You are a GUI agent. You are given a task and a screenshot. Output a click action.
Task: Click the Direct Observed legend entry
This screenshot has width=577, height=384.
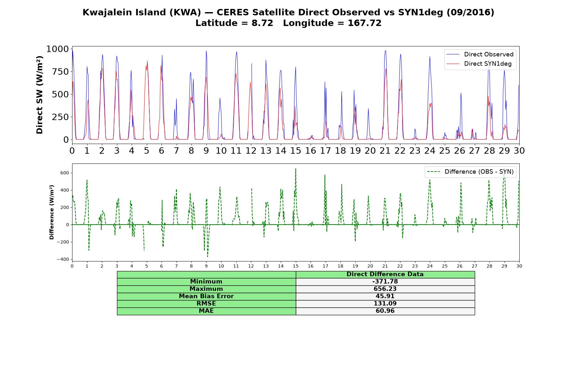click(x=480, y=54)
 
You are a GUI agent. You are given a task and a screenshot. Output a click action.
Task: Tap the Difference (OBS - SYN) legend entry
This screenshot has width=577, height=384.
click(x=470, y=172)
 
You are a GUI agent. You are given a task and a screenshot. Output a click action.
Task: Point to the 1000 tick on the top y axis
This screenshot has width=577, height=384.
click(x=58, y=49)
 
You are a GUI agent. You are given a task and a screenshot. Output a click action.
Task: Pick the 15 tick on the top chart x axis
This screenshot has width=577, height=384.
click(x=296, y=150)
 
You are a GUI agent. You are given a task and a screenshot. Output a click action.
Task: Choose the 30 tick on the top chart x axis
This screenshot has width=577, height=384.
click(x=519, y=150)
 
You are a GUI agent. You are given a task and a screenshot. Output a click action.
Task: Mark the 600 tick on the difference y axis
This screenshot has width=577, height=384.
click(x=65, y=173)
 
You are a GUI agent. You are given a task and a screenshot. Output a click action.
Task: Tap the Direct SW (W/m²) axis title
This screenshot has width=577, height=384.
click(x=39, y=95)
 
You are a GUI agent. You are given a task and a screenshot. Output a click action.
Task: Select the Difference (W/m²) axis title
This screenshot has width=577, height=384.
click(x=52, y=212)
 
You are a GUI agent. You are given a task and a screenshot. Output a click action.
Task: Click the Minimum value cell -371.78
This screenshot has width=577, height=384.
click(x=385, y=282)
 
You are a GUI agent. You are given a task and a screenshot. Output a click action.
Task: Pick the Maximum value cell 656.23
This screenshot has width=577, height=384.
click(x=385, y=289)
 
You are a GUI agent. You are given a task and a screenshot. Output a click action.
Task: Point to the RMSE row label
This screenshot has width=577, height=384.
click(x=206, y=304)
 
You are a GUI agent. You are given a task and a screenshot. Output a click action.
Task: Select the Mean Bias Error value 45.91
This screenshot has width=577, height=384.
click(x=385, y=296)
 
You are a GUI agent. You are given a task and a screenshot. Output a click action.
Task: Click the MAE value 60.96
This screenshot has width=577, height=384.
click(x=385, y=311)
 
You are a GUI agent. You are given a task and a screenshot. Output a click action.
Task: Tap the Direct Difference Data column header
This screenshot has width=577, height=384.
click(x=385, y=274)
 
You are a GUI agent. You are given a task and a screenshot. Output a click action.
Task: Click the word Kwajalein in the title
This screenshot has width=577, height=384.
click(x=103, y=12)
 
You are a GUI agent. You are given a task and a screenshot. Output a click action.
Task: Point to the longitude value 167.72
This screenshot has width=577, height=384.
click(x=364, y=23)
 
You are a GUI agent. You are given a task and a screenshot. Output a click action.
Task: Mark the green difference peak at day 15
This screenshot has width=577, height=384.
click(x=296, y=169)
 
